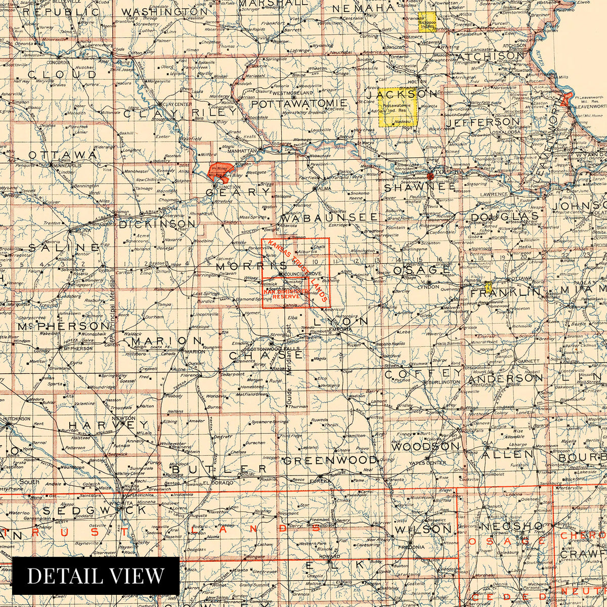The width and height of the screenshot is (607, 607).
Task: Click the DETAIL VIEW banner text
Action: pyautogui.click(x=96, y=576)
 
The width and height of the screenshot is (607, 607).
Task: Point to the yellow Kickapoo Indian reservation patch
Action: pyautogui.click(x=427, y=23)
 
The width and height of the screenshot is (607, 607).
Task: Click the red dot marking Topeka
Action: pyautogui.click(x=430, y=176)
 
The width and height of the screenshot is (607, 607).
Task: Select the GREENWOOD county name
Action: pyautogui.click(x=330, y=460)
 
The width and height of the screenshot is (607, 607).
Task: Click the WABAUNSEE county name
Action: pyautogui.click(x=329, y=217)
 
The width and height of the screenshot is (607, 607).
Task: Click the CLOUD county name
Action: pyautogui.click(x=55, y=75)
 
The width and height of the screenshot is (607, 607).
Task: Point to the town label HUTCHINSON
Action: pyautogui.click(x=18, y=419)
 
